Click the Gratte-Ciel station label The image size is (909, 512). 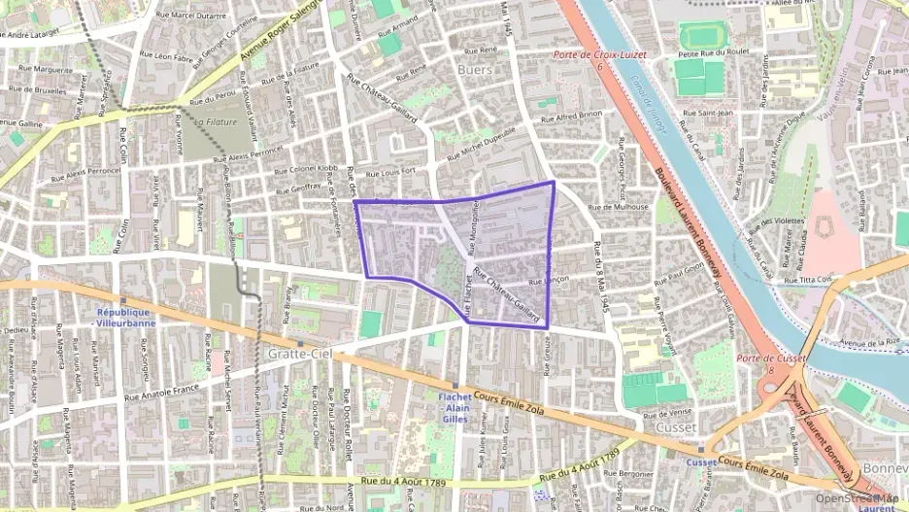tap(299, 355)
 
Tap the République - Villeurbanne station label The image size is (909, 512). tap(125, 317)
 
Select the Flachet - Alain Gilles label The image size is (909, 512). tap(454, 407)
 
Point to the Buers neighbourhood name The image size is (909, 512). tap(474, 70)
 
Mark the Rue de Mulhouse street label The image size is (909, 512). tap(618, 207)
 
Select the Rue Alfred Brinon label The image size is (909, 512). tap(573, 117)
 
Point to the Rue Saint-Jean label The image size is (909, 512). tap(708, 113)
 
